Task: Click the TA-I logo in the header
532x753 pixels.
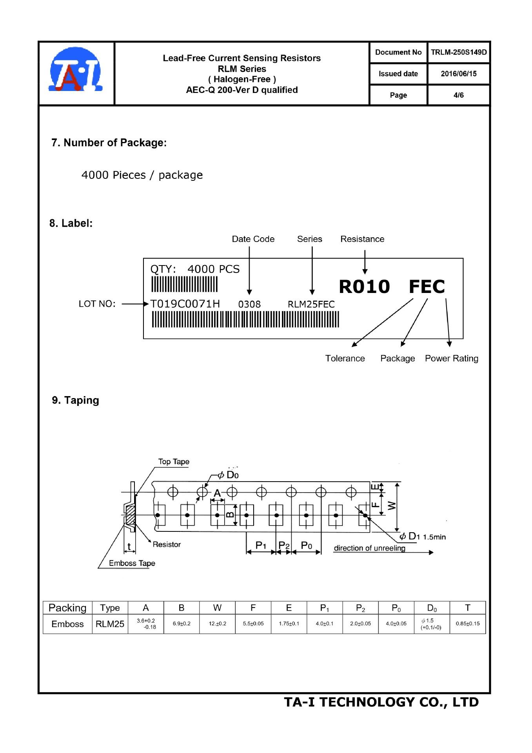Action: click(x=76, y=70)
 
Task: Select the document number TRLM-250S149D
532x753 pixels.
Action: click(x=459, y=52)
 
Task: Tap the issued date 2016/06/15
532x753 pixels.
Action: click(x=459, y=74)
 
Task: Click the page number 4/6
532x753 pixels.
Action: click(x=459, y=95)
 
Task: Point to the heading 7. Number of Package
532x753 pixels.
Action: click(x=109, y=142)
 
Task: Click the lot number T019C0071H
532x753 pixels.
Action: click(x=185, y=304)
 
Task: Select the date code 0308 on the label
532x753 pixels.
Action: click(x=249, y=304)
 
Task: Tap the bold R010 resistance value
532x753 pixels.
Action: click(x=364, y=286)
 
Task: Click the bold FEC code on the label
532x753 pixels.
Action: click(x=427, y=286)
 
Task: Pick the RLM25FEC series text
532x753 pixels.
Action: click(x=311, y=304)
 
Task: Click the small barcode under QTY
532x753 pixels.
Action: click(x=184, y=284)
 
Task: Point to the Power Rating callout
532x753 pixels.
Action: click(x=452, y=358)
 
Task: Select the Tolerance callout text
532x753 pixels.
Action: click(x=345, y=358)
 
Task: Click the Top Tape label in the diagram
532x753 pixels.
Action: click(x=174, y=462)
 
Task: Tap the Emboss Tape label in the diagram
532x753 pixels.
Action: click(x=132, y=563)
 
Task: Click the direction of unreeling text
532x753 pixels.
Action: click(x=369, y=548)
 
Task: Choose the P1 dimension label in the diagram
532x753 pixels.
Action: click(x=261, y=545)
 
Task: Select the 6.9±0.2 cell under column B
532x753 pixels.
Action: click(x=182, y=624)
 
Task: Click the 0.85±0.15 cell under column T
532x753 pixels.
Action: click(x=468, y=624)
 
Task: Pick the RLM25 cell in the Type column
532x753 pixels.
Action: click(x=110, y=624)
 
